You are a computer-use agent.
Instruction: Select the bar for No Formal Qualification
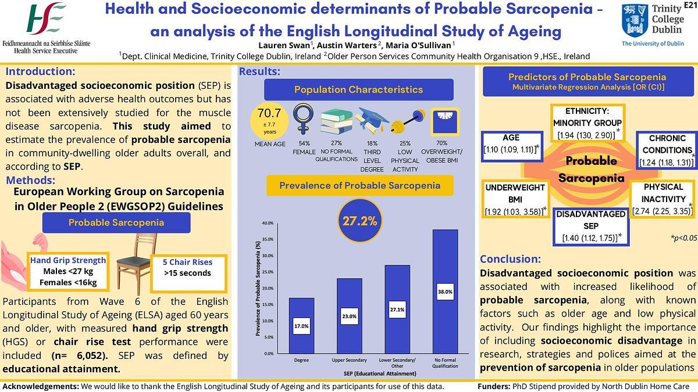click(x=445, y=291)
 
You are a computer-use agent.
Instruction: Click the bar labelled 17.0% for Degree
click(x=301, y=325)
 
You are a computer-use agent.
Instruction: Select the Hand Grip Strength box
click(x=68, y=271)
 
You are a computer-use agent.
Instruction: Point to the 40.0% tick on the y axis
click(x=268, y=223)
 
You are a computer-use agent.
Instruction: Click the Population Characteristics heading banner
click(x=358, y=89)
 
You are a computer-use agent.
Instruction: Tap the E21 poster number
click(x=690, y=5)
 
